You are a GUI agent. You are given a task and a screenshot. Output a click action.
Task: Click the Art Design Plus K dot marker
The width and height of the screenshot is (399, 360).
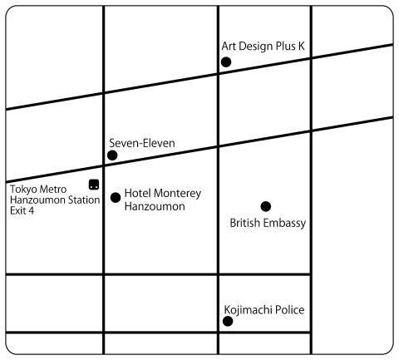coord(226,62)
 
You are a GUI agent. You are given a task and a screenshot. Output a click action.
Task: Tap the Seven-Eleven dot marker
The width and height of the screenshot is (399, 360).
coord(112,155)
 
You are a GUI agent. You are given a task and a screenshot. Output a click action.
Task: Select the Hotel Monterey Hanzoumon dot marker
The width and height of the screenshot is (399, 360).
coord(116,198)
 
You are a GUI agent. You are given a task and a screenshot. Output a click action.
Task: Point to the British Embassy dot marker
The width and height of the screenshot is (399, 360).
coord(266,206)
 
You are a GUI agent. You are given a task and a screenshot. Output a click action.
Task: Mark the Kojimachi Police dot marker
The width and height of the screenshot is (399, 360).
coord(228,322)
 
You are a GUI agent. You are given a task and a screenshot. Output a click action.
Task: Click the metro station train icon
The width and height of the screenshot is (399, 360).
coord(94,185)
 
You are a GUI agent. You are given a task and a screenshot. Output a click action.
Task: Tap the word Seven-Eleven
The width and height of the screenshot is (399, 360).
coord(142,143)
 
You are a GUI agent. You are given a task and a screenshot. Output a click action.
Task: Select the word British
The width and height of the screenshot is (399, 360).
coord(245,223)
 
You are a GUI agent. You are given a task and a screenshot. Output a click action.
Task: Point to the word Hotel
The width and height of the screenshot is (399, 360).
coord(138,193)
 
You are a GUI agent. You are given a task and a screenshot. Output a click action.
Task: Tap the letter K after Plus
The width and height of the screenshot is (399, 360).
coord(301,46)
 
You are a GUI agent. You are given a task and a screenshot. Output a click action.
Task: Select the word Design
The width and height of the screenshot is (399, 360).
coord(255,47)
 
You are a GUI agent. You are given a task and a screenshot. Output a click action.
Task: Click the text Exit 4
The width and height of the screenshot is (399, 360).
coord(22,210)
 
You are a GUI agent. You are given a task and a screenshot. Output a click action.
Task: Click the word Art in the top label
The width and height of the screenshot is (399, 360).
coord(229,46)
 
